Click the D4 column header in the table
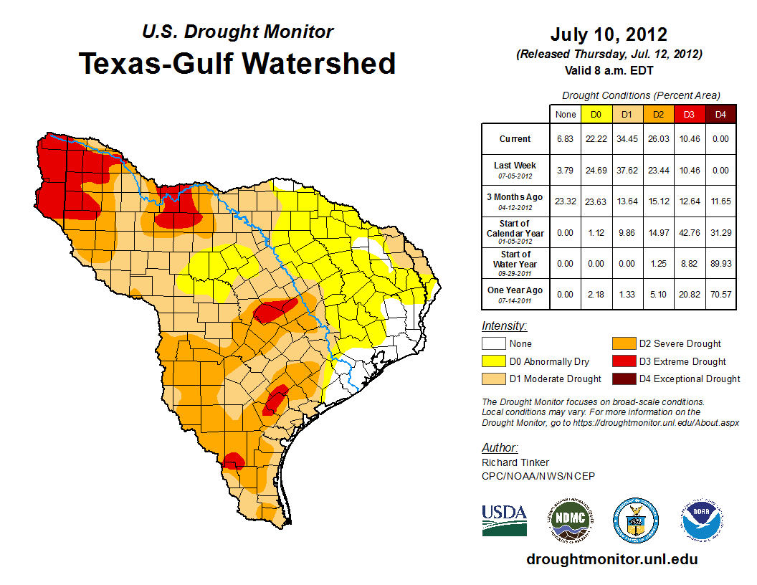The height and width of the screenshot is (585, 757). pyautogui.click(x=721, y=114)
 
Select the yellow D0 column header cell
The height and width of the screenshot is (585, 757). pyautogui.click(x=596, y=114)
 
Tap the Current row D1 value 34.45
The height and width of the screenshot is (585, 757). pyautogui.click(x=627, y=139)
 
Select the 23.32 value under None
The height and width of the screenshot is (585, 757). pyautogui.click(x=566, y=201)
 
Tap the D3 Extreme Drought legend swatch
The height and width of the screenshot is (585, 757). pyautogui.click(x=623, y=361)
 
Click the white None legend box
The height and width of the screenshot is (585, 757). pyautogui.click(x=493, y=344)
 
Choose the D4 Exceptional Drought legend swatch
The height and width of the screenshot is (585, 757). pyautogui.click(x=623, y=379)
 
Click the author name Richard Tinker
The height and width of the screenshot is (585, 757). pyautogui.click(x=515, y=462)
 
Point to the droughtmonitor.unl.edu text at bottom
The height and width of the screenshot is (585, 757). pyautogui.click(x=611, y=559)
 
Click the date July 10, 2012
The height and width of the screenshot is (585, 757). pyautogui.click(x=609, y=34)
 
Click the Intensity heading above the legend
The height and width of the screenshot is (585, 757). pyautogui.click(x=504, y=326)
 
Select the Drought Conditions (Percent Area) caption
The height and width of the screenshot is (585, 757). pyautogui.click(x=641, y=95)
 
